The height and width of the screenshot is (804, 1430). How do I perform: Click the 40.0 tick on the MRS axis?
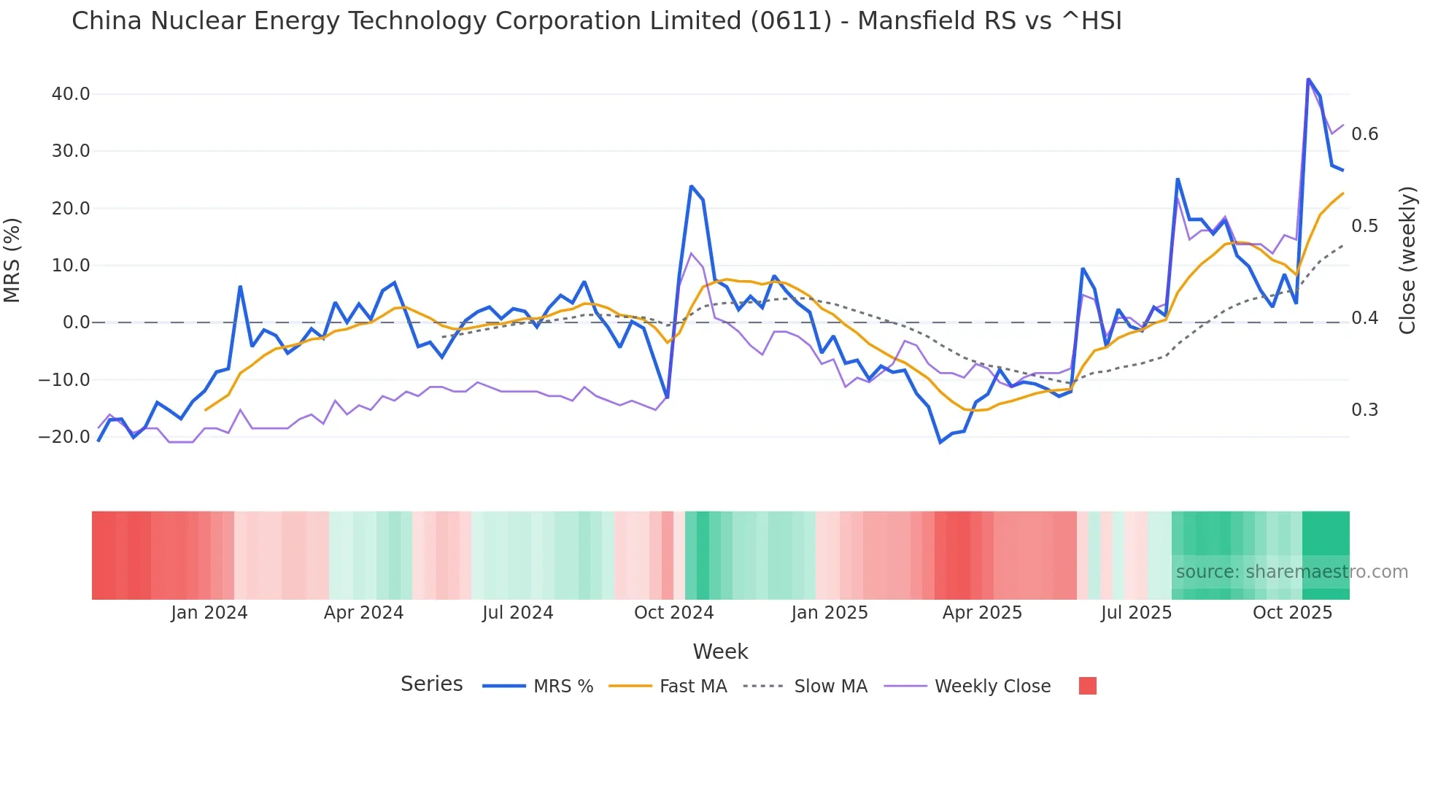pos(70,94)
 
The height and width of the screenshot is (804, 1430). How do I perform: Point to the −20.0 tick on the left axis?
pos(64,437)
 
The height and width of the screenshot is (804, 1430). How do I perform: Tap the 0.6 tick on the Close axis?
pos(1364,134)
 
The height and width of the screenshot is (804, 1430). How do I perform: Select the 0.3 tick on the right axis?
pos(1364,410)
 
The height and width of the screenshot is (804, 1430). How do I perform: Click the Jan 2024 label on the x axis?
pos(209,613)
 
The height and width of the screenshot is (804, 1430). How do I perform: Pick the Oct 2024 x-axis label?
pos(673,613)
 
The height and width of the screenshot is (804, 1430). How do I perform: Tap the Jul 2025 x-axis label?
pos(1136,613)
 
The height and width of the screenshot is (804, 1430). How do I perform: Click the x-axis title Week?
pos(720,652)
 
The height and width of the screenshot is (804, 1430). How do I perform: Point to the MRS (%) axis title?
pos(12,260)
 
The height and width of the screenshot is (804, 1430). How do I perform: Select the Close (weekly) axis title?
pos(1407,260)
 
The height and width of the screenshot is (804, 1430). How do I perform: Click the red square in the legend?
pos(1087,686)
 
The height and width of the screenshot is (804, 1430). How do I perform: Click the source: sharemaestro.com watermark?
pos(1291,572)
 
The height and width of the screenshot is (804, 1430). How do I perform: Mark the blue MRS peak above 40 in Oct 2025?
pos(1308,79)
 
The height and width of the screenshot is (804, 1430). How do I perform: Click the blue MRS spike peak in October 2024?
pos(691,186)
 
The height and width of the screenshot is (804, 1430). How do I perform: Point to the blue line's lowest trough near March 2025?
pos(940,442)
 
